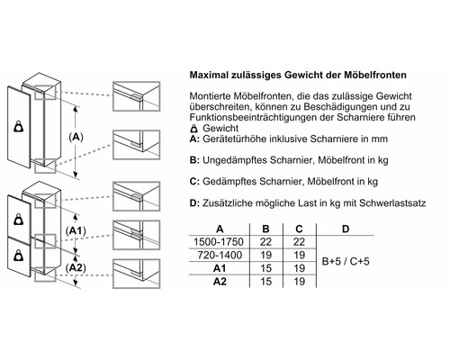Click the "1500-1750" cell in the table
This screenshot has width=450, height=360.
219,241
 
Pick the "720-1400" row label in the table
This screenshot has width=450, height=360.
219,255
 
